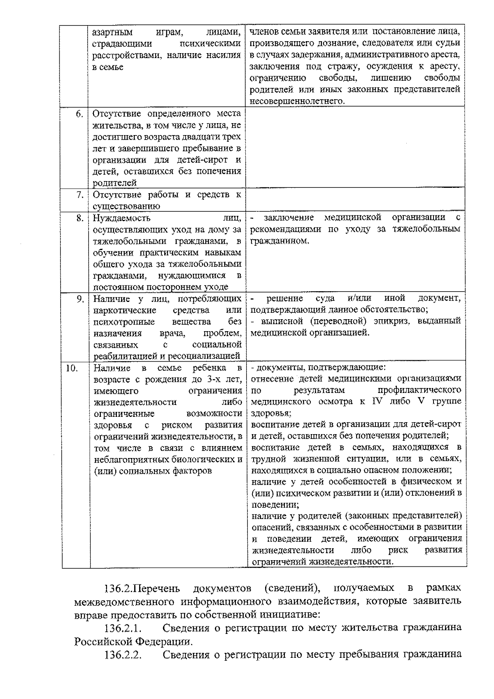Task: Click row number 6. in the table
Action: pyautogui.click(x=80, y=114)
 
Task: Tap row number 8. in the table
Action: pyautogui.click(x=80, y=218)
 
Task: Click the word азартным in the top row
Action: pyautogui.click(x=109, y=32)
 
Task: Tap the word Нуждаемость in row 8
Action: pyautogui.click(x=121, y=218)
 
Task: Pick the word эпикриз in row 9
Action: pyautogui.click(x=395, y=321)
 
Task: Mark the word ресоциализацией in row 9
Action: pyautogui.click(x=207, y=356)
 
